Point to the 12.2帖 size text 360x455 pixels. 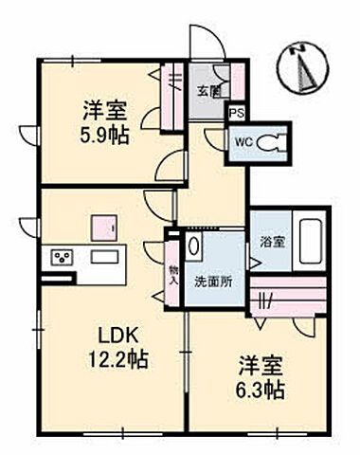(x=122, y=360)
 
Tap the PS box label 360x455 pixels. (x=237, y=110)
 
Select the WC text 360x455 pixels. (x=242, y=144)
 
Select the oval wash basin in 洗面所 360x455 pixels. (x=194, y=247)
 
